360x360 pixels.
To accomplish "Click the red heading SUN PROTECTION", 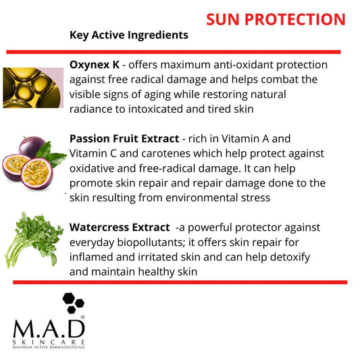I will point(276,19).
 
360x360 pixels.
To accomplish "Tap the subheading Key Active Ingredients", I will point(129,34).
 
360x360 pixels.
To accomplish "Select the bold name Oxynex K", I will point(94,65).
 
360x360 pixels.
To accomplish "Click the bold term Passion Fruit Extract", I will point(124,138).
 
